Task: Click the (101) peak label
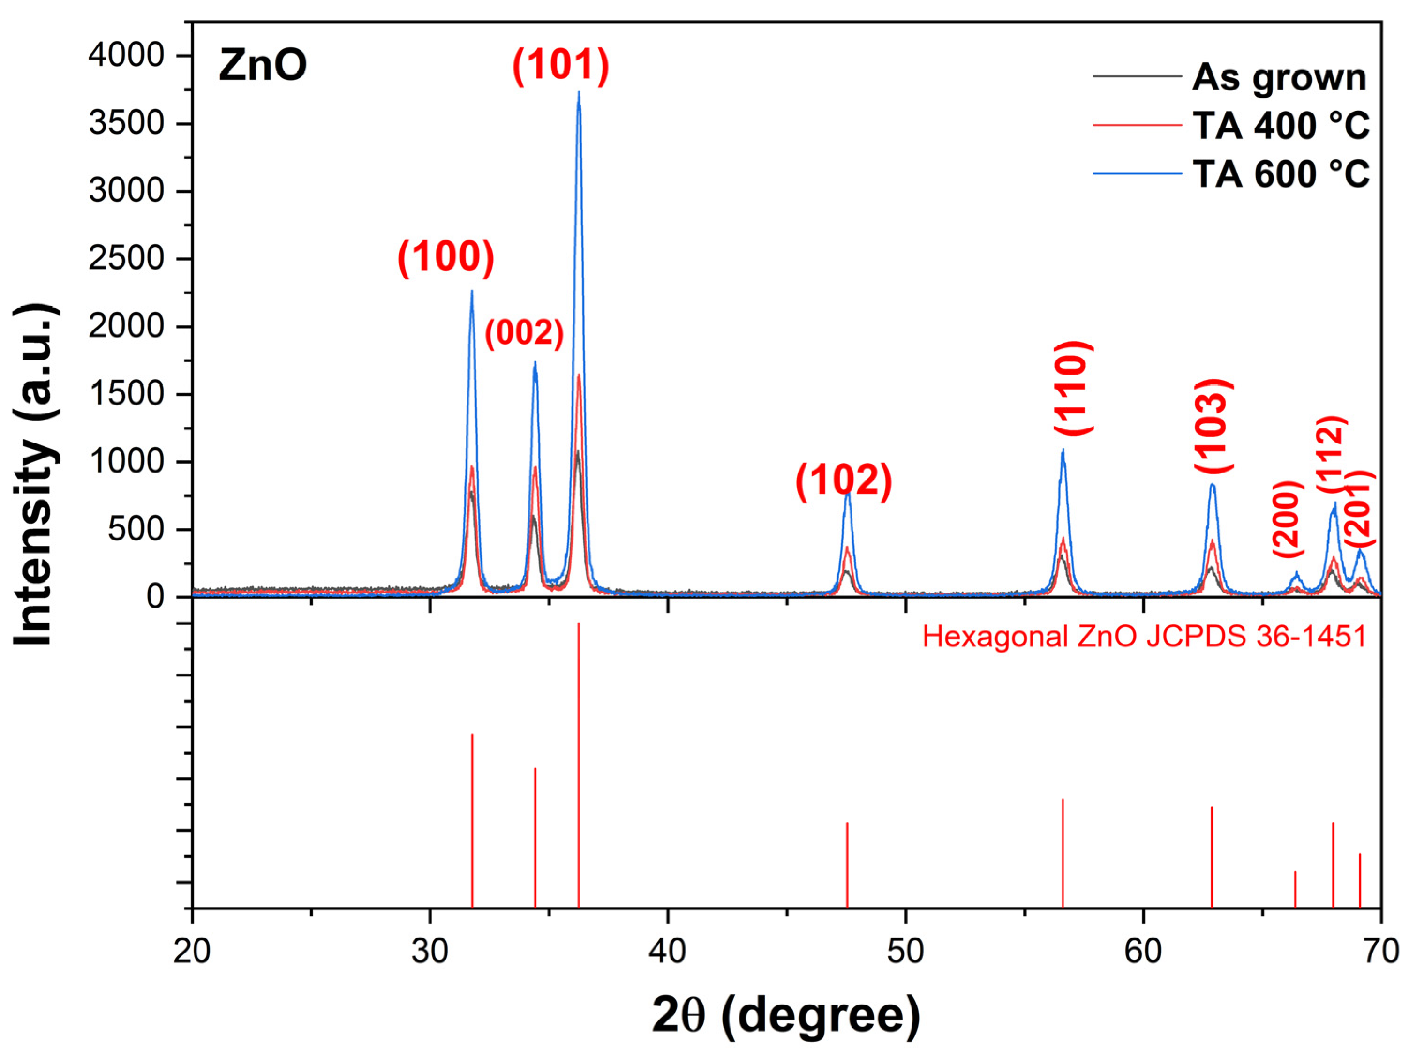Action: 560,66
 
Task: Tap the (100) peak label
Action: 446,257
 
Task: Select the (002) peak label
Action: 524,333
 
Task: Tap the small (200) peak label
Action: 1288,519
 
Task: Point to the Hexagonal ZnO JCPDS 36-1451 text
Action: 1144,637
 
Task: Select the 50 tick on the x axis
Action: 905,952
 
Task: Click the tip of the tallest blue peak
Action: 579,93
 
